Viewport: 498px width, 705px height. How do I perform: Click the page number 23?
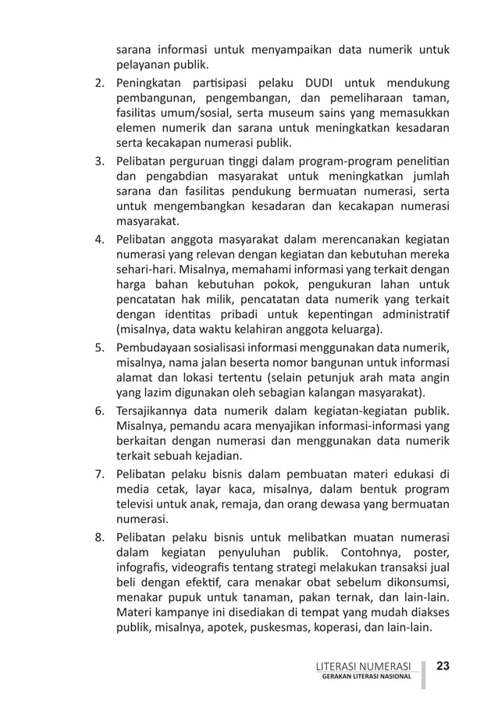(443, 666)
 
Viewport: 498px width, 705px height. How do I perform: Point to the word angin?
(434, 376)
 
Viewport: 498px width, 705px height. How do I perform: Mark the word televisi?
(138, 504)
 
